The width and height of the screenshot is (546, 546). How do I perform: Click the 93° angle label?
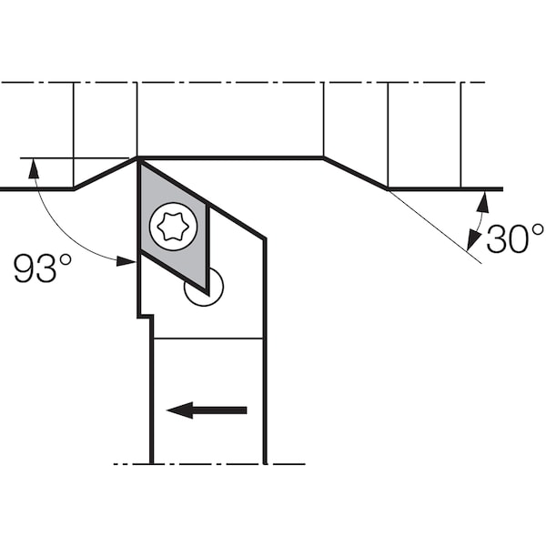click(x=43, y=268)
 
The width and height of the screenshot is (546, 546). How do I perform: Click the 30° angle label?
click(x=515, y=238)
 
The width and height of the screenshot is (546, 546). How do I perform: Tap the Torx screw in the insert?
click(x=174, y=227)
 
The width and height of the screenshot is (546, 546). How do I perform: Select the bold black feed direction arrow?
click(x=207, y=410)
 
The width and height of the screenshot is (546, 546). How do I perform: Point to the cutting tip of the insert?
click(x=138, y=159)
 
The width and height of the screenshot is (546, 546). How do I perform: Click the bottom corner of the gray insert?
click(x=208, y=295)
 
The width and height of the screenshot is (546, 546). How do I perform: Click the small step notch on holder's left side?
click(x=146, y=317)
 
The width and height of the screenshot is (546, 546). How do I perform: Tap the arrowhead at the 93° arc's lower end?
click(x=126, y=261)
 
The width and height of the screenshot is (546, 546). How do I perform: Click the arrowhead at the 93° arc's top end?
click(x=33, y=168)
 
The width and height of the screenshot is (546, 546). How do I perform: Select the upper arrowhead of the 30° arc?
click(x=483, y=202)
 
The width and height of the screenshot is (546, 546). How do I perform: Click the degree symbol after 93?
click(x=66, y=259)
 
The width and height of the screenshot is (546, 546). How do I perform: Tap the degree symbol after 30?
click(x=537, y=230)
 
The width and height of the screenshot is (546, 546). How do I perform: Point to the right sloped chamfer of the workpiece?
click(x=356, y=174)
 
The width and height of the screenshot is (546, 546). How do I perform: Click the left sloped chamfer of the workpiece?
click(x=106, y=174)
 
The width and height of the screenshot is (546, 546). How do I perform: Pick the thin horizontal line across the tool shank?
click(x=207, y=339)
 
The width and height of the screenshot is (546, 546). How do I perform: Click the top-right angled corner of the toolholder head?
click(x=265, y=238)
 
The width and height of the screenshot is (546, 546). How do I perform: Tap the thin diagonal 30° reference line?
click(x=435, y=227)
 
